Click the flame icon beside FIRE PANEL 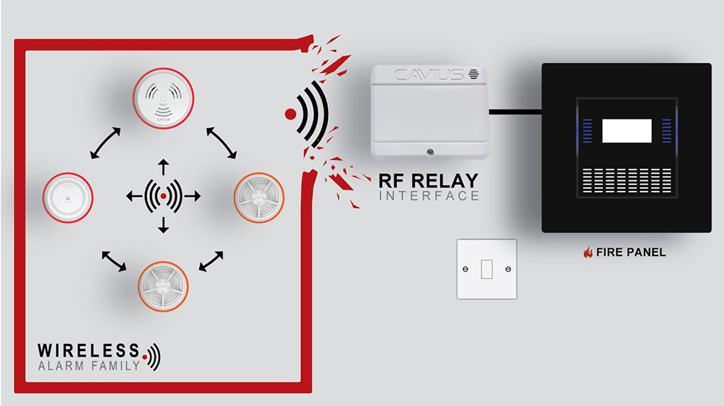588,253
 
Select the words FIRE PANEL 631,253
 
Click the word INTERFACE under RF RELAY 429,195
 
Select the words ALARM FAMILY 88,365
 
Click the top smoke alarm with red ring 163,98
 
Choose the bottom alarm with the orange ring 164,286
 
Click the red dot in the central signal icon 163,196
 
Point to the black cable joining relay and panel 515,111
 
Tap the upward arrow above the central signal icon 163,166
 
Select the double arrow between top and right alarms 222,142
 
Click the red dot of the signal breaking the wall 290,114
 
